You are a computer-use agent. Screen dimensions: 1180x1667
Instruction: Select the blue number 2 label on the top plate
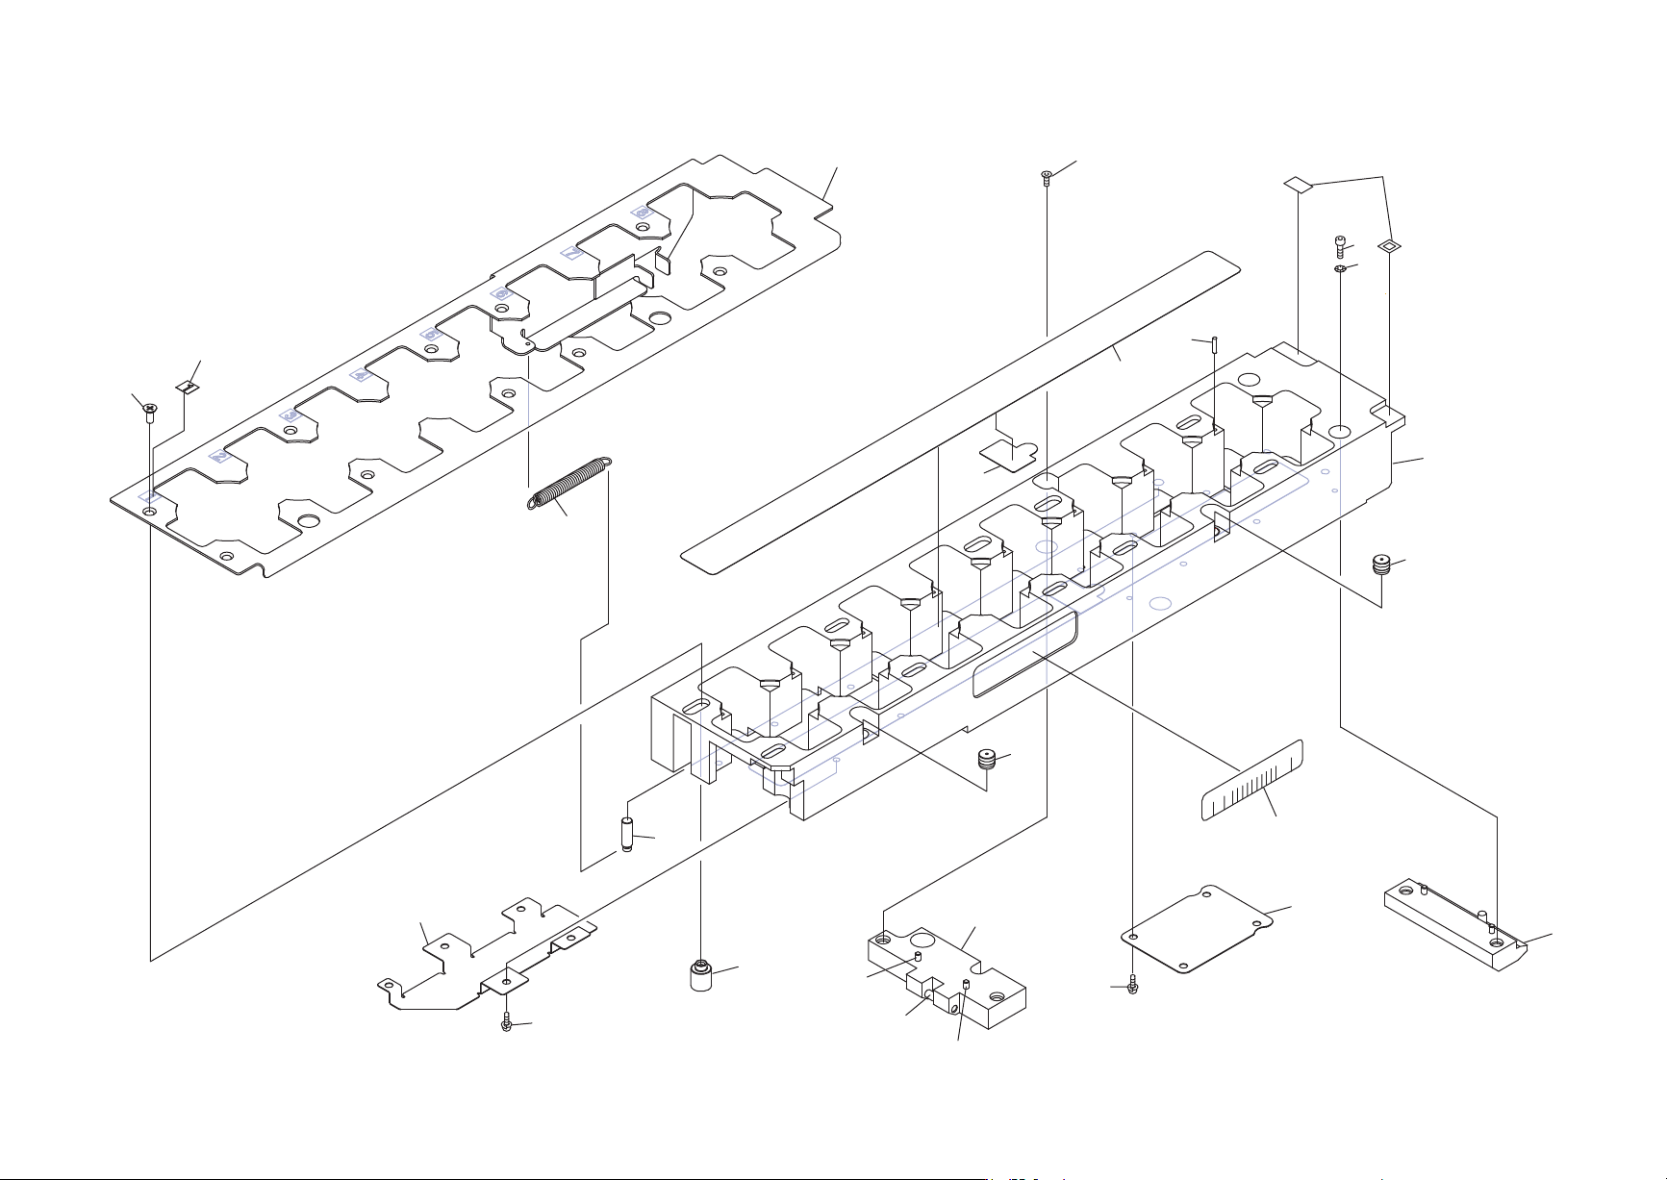220,456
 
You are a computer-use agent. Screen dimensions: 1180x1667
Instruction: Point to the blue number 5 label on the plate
431,334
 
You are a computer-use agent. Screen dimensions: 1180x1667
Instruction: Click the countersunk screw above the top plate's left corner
150,411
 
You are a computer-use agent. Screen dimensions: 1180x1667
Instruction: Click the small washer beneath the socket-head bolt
1340,270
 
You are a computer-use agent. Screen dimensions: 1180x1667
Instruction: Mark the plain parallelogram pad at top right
1299,184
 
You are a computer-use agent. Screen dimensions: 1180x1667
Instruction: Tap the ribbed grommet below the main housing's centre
985,760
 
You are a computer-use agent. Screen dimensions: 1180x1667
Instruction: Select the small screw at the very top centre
1047,176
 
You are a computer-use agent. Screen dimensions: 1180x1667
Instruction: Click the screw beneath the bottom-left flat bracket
507,1023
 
